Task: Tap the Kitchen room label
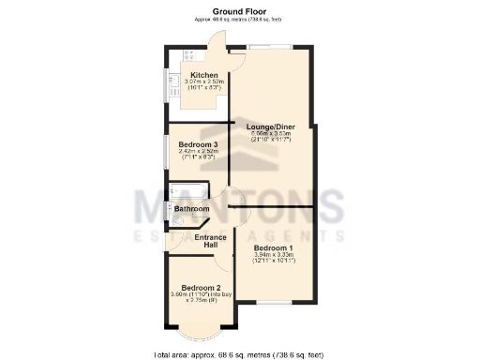coord(204,75)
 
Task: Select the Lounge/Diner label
coord(270,127)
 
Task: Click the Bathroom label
coord(191,208)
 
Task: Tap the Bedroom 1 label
coord(274,247)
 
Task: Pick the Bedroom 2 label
coord(201,287)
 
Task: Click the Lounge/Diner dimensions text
coord(270,137)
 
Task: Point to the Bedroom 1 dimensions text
coord(274,258)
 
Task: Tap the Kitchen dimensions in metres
coord(204,82)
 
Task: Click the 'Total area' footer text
coord(238,354)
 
